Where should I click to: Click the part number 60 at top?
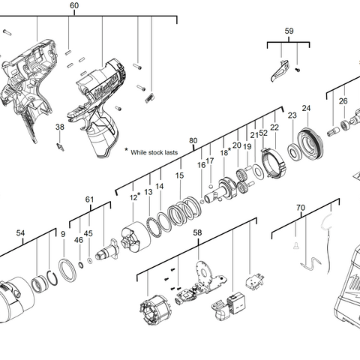[73, 5]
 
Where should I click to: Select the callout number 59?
[289, 31]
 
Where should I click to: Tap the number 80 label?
[193, 141]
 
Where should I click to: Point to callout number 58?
[197, 233]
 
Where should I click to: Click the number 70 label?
[301, 207]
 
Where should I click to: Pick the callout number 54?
[20, 233]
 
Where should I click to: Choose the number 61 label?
[89, 199]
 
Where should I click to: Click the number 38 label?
[60, 127]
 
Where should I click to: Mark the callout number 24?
[306, 109]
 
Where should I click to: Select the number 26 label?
[343, 100]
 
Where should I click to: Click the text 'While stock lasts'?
[154, 151]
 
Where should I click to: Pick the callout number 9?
[63, 234]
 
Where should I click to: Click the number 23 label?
[292, 115]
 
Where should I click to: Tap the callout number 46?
[79, 240]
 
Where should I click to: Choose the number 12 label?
[133, 197]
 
